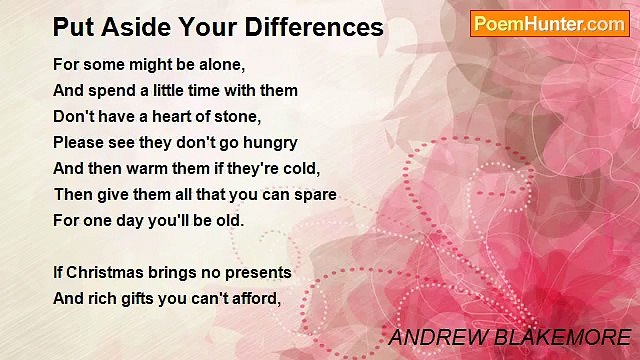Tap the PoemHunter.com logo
pyautogui.click(x=549, y=24)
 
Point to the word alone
pyautogui.click(x=221, y=64)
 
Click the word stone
pyautogui.click(x=236, y=116)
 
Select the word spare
pyautogui.click(x=313, y=194)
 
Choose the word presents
pyautogui.click(x=257, y=272)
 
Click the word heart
pyautogui.click(x=164, y=116)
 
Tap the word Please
pyautogui.click(x=77, y=142)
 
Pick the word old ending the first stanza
pyautogui.click(x=226, y=220)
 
